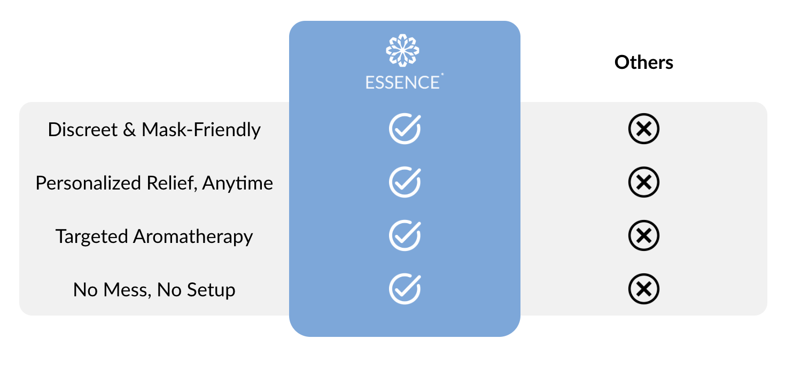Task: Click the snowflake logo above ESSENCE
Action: [402, 51]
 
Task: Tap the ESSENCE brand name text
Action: [403, 82]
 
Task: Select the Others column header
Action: [643, 62]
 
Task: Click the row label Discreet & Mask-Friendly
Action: [154, 130]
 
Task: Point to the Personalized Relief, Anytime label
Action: [154, 183]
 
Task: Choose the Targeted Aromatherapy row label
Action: [154, 237]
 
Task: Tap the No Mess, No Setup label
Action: [154, 290]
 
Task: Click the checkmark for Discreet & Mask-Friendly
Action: [405, 129]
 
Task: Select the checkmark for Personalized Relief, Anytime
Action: [405, 182]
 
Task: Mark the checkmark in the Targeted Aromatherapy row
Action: [405, 235]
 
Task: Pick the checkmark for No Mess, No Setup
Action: [405, 289]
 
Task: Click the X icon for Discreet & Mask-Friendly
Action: [643, 129]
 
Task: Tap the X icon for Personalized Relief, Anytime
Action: [643, 182]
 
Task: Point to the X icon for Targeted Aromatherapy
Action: [643, 235]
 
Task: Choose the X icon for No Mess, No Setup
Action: [643, 289]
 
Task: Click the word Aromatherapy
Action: [193, 237]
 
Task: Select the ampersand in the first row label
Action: [129, 130]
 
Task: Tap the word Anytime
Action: [238, 183]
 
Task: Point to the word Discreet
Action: [82, 130]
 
